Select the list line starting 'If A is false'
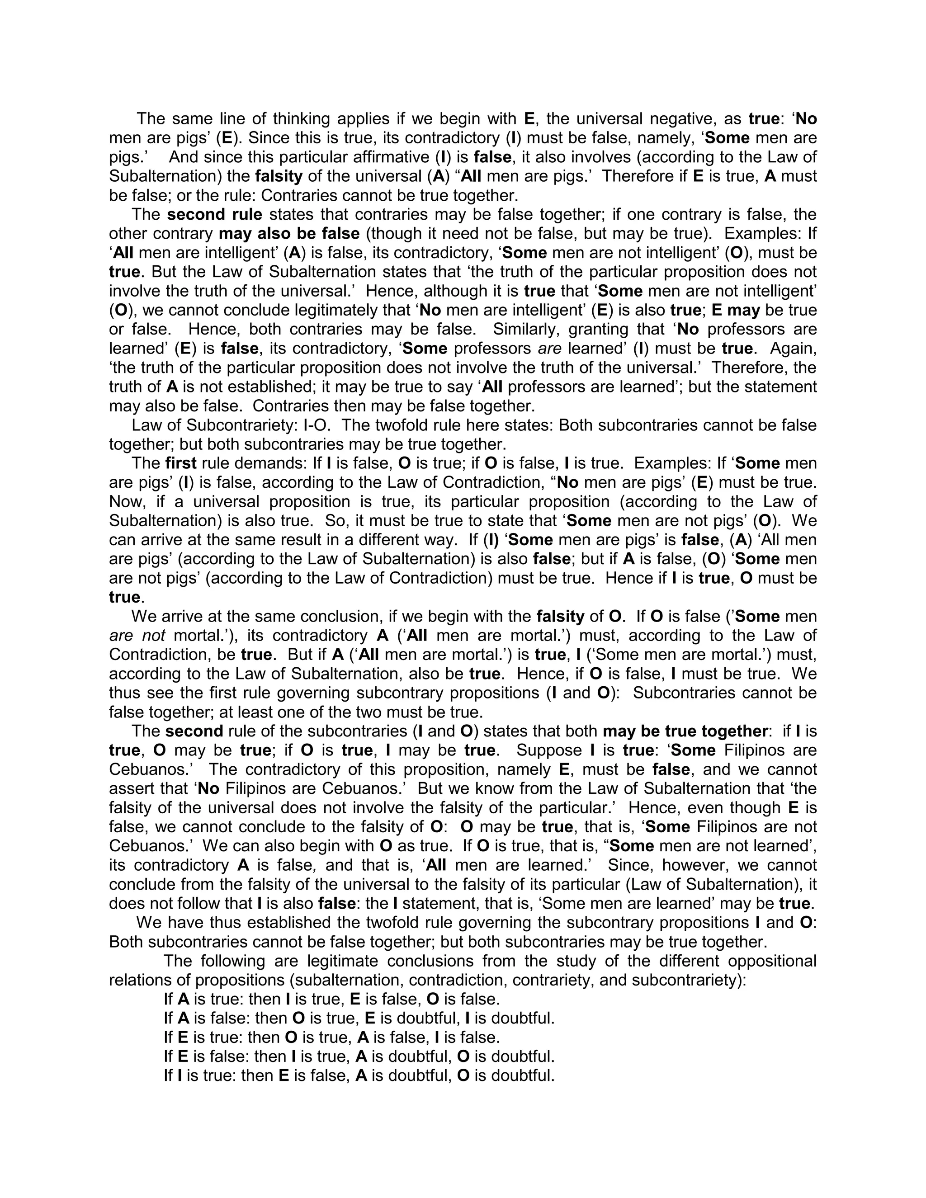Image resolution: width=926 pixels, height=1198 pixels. tap(359, 1019)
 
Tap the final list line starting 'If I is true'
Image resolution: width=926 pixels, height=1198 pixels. tap(359, 1075)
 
